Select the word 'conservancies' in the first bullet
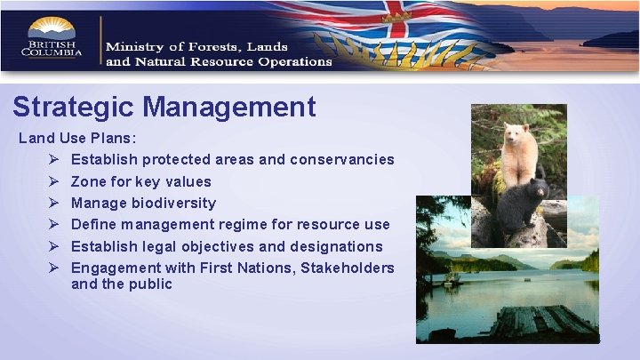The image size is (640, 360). coord(342,160)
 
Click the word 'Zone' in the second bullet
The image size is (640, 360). coord(90,181)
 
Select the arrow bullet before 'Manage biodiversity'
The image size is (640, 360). coord(54,204)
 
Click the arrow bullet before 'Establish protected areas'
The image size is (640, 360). coord(54,160)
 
